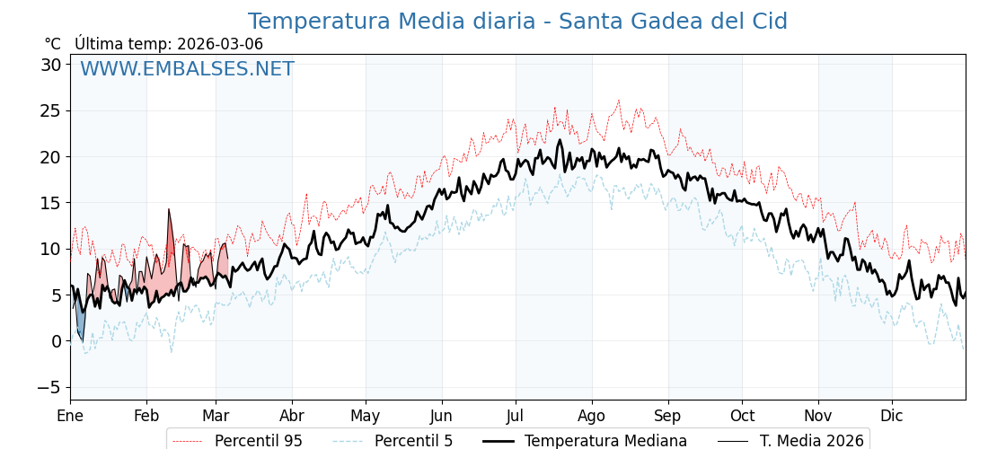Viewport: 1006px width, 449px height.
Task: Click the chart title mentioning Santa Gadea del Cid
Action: point(517,22)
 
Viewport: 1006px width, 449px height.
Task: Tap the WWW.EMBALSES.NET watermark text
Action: point(187,69)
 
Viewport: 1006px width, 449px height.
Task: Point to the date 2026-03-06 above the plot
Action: point(220,44)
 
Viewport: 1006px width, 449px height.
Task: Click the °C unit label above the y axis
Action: point(52,44)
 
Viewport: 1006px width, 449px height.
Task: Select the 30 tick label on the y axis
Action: point(50,65)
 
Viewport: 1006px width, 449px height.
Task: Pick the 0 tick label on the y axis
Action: point(56,341)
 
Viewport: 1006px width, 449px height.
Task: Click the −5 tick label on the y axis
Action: point(50,387)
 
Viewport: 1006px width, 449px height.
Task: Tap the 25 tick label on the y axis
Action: point(50,110)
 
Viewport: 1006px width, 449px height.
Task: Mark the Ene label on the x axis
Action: point(70,416)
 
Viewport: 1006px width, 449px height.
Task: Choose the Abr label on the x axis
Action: point(292,416)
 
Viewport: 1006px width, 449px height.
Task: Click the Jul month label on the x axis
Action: point(516,416)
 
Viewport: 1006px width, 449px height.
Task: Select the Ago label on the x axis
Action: point(592,416)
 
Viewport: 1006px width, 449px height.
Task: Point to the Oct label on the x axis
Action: point(742,416)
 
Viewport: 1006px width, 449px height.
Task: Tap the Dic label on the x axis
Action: point(892,416)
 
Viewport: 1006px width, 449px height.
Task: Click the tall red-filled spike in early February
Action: point(170,238)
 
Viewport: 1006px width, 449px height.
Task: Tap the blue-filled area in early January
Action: point(80,321)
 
